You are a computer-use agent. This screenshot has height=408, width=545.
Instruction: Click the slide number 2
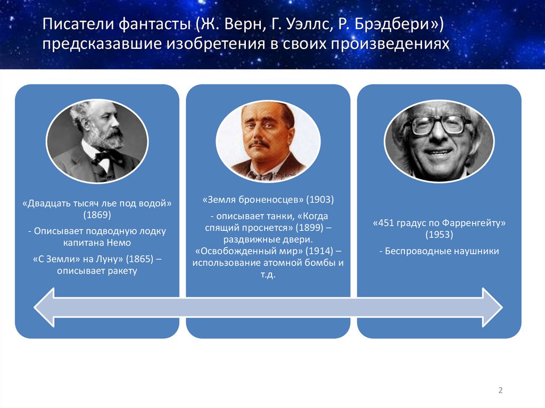500,390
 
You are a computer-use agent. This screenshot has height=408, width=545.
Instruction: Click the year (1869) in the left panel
97,215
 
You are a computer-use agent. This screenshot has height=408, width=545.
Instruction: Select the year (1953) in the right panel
439,235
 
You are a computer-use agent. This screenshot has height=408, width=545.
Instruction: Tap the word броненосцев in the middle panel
267,200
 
